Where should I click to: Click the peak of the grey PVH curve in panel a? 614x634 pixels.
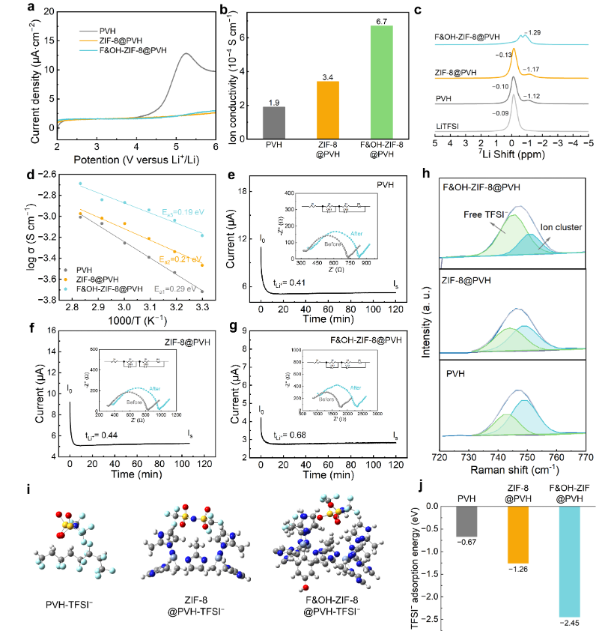(185, 54)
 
